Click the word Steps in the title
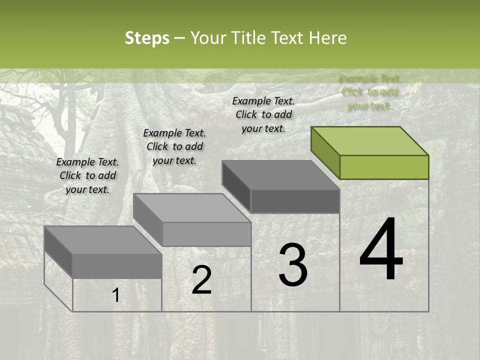(147, 38)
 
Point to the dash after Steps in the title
(179, 38)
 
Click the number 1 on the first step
(115, 295)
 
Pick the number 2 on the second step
(201, 280)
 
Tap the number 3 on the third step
(292, 265)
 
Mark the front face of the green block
(384, 167)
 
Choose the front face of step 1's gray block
(117, 266)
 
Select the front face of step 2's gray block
(207, 234)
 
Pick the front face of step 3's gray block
(295, 201)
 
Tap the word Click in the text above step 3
(246, 114)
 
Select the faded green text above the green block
(368, 92)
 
